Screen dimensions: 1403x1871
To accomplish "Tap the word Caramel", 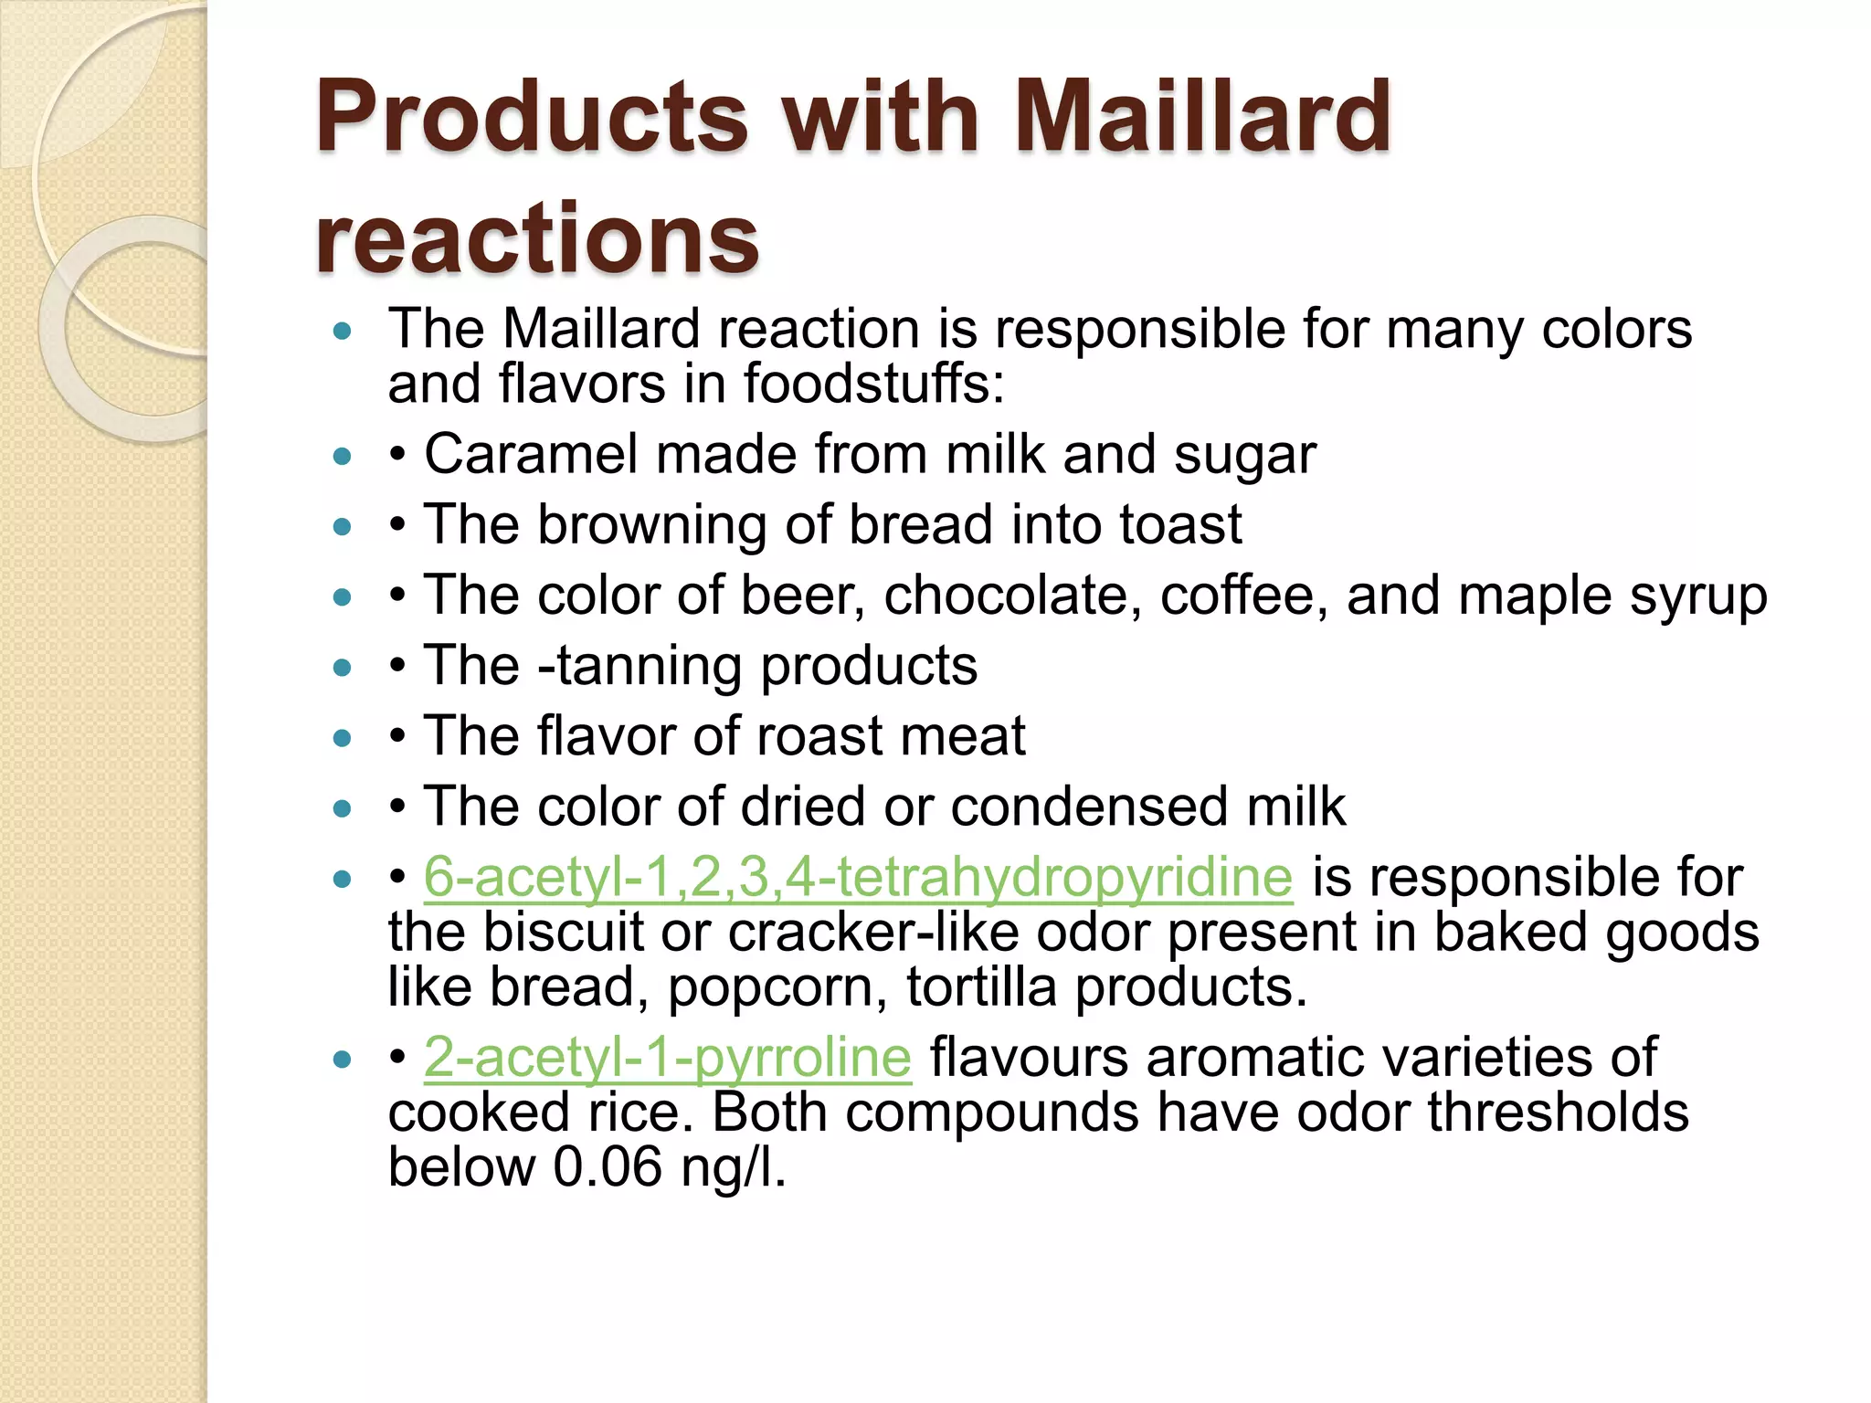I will click(x=530, y=454).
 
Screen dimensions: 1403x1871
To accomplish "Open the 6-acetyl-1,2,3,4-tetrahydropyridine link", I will click(x=858, y=877).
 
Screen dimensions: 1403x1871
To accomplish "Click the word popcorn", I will click(x=777, y=988).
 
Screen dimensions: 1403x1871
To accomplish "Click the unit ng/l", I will click(x=733, y=1168).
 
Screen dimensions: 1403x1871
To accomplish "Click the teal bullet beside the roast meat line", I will click(x=343, y=738).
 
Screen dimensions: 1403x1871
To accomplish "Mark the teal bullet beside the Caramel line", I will click(x=343, y=456).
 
